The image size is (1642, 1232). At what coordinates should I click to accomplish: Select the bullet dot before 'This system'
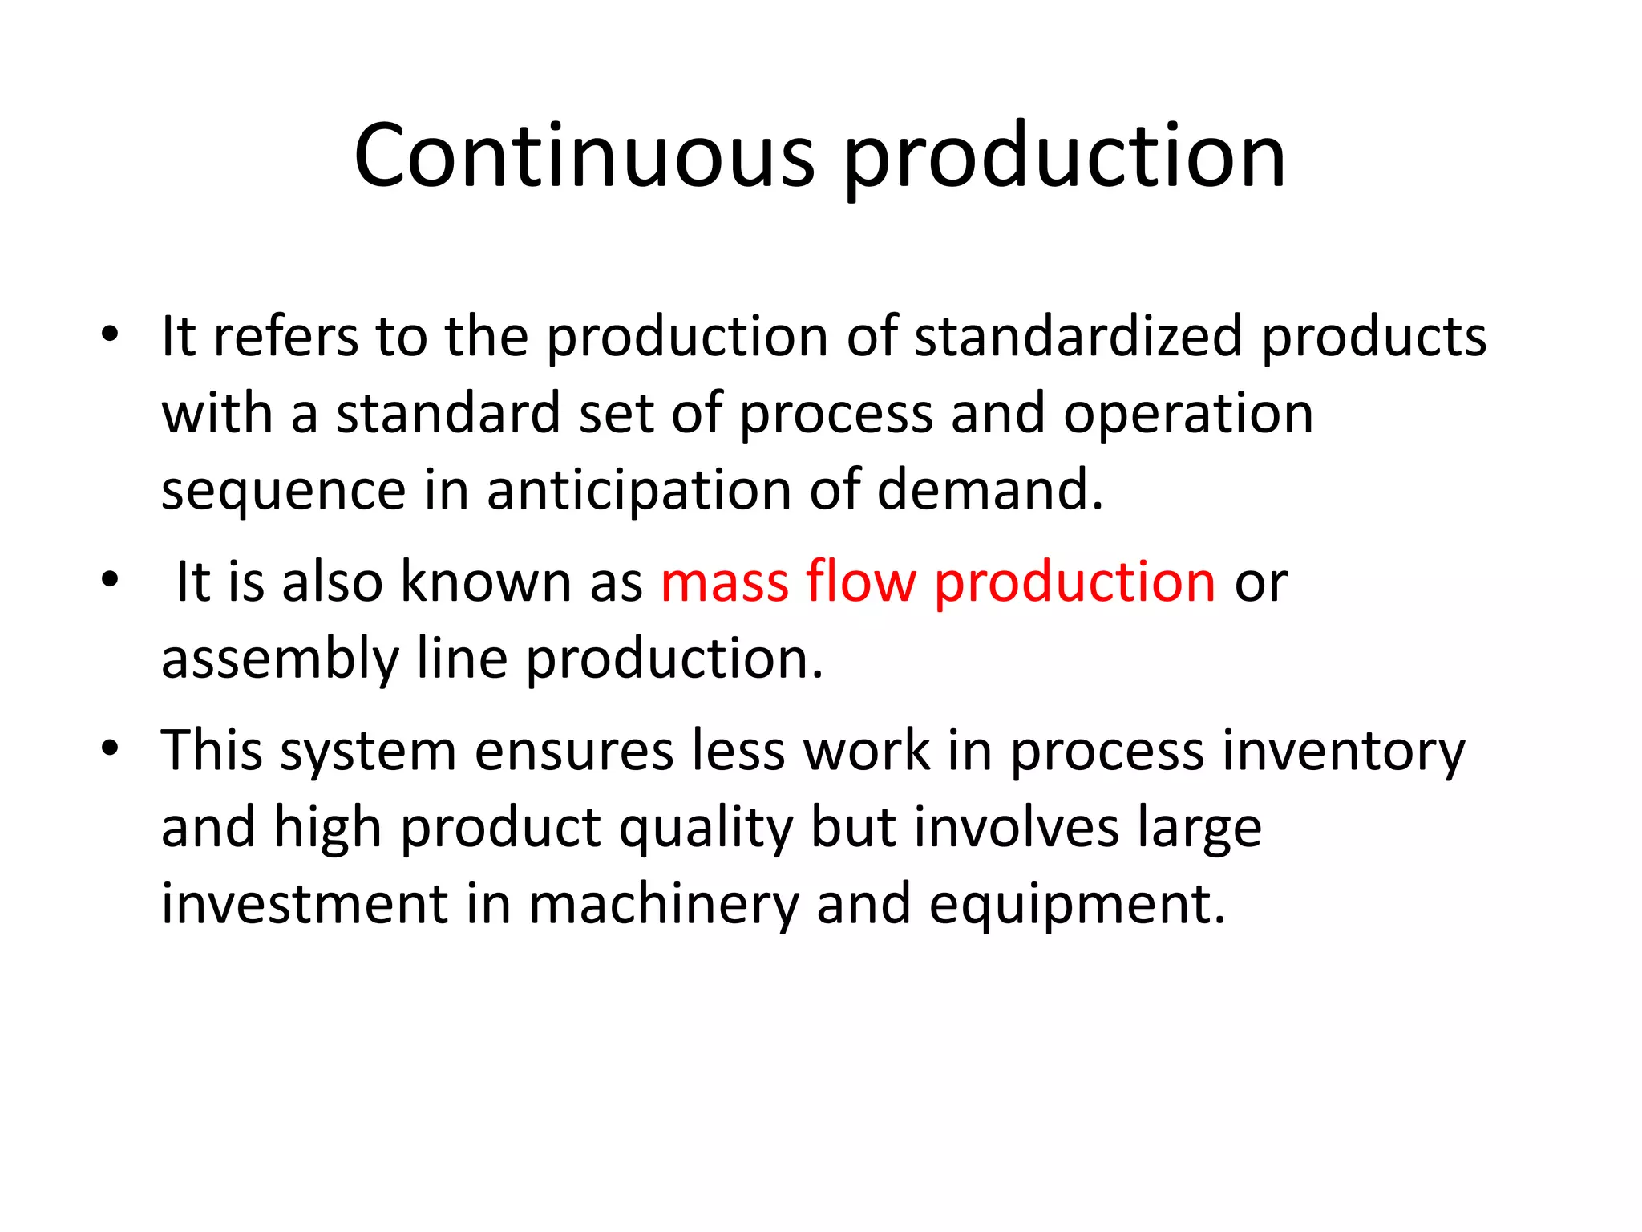[110, 748]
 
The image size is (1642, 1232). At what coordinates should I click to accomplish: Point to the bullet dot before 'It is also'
[110, 579]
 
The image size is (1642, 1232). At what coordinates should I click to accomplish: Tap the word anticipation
[639, 491]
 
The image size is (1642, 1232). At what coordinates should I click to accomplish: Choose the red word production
[1075, 582]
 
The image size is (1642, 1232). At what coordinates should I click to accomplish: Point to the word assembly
[280, 659]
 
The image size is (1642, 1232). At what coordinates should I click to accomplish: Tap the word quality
[706, 829]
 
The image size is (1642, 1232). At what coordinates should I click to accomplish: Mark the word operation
[1188, 414]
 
